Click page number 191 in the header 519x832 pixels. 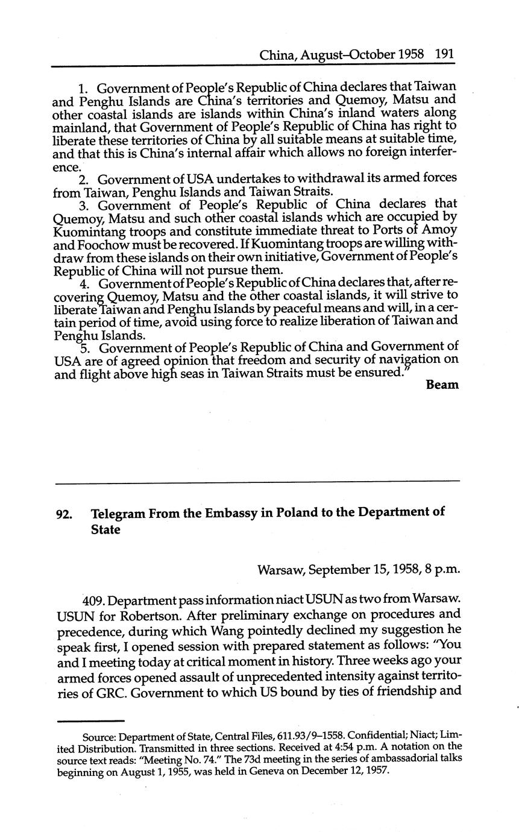pyautogui.click(x=444, y=55)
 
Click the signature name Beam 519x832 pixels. pyautogui.click(x=442, y=385)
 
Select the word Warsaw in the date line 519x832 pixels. pyautogui.click(x=281, y=570)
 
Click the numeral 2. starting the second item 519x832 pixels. pyautogui.click(x=85, y=180)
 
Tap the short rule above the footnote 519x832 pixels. pyautogui.click(x=90, y=720)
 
